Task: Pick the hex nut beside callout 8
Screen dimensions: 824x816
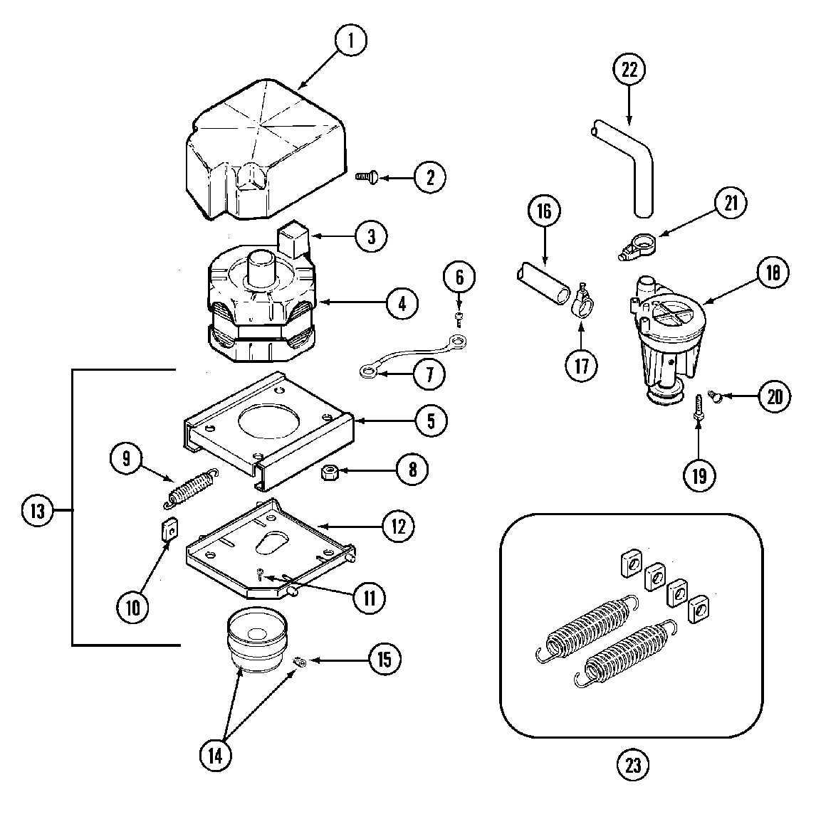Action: pyautogui.click(x=330, y=472)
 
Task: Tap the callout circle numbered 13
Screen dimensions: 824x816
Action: pyautogui.click(x=37, y=510)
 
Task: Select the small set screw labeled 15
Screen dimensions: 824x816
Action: pyautogui.click(x=300, y=662)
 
